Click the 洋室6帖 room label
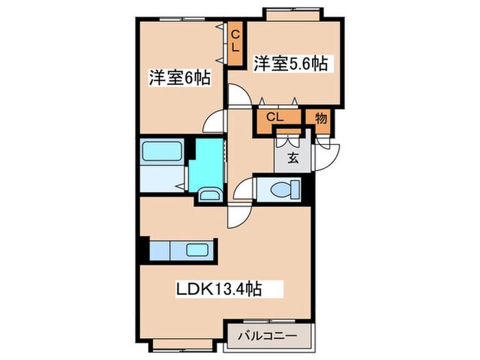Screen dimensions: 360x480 coord(179,77)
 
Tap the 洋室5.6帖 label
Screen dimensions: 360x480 coord(290,63)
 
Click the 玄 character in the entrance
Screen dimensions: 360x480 coord(293,158)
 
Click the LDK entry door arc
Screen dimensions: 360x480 coord(239,215)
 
